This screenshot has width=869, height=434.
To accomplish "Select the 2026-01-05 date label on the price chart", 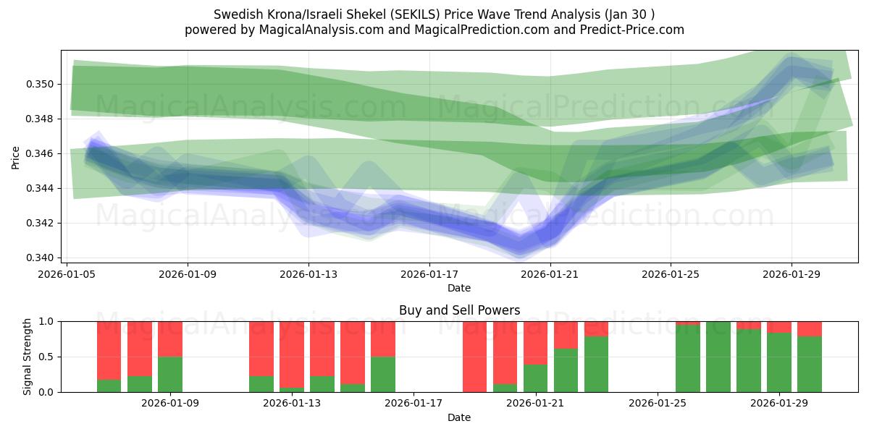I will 67,275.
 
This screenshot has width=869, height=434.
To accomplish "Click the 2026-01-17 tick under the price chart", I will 429,275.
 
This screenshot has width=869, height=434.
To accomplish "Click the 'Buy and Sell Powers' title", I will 459,310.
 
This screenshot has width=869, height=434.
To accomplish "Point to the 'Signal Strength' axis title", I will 28,357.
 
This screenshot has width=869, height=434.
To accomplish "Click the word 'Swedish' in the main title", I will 237,14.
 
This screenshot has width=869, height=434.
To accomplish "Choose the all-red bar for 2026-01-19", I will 475,357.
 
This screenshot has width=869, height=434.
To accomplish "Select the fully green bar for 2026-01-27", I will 718,357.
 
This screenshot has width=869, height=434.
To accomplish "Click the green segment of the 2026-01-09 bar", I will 170,374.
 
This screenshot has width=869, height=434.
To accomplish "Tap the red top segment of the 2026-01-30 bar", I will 810,329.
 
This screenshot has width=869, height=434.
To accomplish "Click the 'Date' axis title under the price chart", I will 459,288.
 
